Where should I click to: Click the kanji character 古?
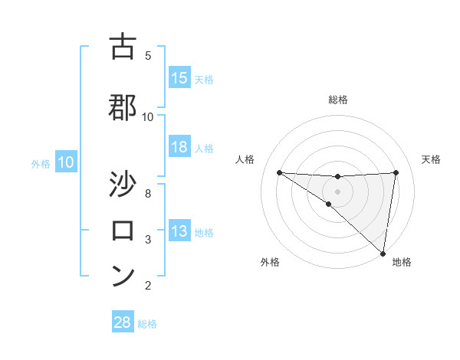pos(123,47)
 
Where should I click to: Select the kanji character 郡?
pos(123,107)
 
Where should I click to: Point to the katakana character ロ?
pos(123,231)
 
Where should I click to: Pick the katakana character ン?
pos(123,276)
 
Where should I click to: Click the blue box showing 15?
pos(179,78)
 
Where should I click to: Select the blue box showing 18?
pos(179,148)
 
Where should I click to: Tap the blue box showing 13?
pos(179,232)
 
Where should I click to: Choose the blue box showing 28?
pos(123,322)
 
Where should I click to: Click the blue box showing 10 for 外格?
pos(66,162)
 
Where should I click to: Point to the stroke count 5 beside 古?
pos(148,56)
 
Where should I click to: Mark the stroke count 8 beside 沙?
pos(148,193)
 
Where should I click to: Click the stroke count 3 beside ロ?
pos(148,240)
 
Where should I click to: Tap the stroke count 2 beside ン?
pos(148,286)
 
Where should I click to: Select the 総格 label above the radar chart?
pos(338,100)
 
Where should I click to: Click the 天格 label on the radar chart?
pos(431,159)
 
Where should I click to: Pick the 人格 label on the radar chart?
pos(245,159)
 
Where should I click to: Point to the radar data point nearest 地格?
pos(383,252)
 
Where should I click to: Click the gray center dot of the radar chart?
pos(338,190)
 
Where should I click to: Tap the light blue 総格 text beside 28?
pos(148,324)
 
